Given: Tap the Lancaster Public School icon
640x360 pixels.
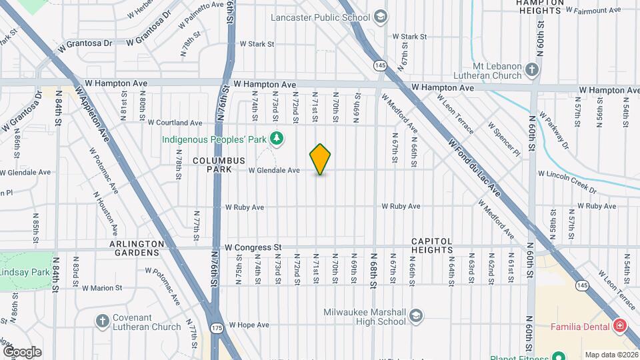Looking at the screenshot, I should point(381,17).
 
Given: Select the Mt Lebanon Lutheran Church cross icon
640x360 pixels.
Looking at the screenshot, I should point(531,69).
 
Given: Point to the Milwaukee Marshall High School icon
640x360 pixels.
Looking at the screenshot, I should point(416,315).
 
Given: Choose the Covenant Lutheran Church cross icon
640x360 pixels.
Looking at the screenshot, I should point(103,321).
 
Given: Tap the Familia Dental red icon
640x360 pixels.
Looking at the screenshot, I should point(621,326).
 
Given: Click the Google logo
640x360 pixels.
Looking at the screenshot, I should point(22,351).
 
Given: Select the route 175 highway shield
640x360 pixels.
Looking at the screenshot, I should point(216,328).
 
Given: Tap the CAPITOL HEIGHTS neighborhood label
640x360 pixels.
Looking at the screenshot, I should point(431,245).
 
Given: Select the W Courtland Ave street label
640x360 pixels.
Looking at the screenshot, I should point(175,123).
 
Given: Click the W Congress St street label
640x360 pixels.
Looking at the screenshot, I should point(253,247).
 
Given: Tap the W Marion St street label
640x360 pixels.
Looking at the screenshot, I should point(99,288).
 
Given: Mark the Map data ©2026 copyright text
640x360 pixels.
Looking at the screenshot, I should point(611,354).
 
